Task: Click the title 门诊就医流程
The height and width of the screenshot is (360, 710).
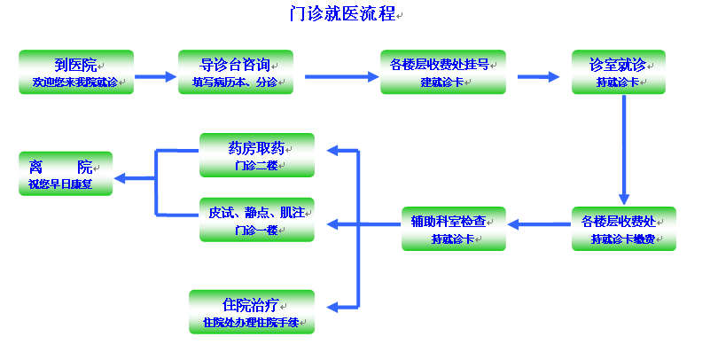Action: click(x=343, y=13)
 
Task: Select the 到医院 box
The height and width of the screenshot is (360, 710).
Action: click(x=76, y=72)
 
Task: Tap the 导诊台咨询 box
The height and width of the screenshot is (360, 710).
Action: click(x=236, y=72)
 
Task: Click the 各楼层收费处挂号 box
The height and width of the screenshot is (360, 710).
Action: click(x=443, y=72)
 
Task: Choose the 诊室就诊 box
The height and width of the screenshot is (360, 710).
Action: click(x=619, y=72)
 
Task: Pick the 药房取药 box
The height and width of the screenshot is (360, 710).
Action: click(x=257, y=155)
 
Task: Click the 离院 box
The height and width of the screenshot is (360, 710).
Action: click(x=66, y=174)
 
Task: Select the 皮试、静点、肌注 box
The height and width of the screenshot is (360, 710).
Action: click(x=257, y=220)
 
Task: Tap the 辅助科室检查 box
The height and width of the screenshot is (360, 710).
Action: click(x=454, y=229)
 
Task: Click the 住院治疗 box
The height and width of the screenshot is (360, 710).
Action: click(x=252, y=312)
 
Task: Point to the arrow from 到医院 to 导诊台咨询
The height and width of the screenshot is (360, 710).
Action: click(x=155, y=76)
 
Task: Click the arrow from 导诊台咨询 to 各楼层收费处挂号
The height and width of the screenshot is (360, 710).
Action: click(x=341, y=77)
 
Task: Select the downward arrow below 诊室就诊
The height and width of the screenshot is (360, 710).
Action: click(x=624, y=150)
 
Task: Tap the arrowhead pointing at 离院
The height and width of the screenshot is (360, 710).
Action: click(x=120, y=178)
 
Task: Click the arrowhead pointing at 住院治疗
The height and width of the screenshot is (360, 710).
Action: click(x=332, y=308)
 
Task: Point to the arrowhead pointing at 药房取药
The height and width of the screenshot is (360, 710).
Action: click(x=332, y=151)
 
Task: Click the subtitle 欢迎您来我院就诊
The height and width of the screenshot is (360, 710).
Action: click(x=75, y=82)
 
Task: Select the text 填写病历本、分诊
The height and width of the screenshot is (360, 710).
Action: click(x=235, y=82)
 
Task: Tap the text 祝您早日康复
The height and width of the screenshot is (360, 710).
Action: click(x=60, y=184)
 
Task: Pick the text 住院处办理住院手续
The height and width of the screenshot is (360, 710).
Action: click(x=251, y=323)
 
